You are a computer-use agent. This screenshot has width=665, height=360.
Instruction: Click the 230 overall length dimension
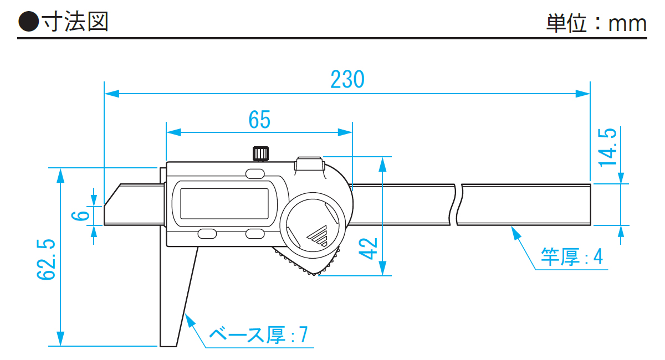tap(347, 80)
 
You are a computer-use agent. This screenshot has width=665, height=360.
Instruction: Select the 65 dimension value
tap(259, 119)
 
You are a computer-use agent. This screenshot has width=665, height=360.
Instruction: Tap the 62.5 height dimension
tap(48, 259)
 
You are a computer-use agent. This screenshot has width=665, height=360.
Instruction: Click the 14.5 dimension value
tap(607, 147)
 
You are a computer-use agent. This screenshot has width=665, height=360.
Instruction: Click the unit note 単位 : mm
tap(596, 24)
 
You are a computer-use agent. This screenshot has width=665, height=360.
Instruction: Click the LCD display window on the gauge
tap(224, 203)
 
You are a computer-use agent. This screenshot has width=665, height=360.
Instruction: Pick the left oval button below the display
tap(207, 234)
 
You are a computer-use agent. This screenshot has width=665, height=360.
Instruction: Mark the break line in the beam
tap(458, 204)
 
